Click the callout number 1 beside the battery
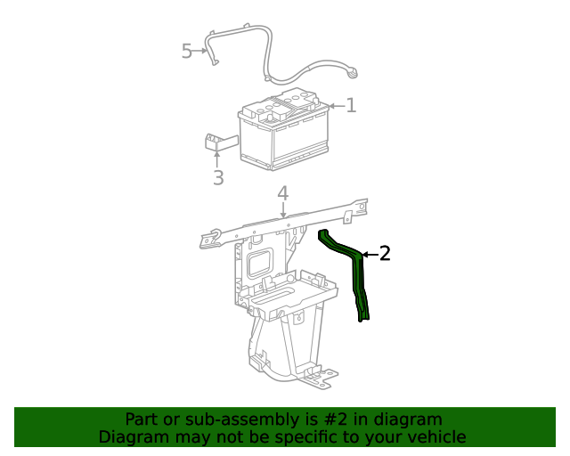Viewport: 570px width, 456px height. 351,106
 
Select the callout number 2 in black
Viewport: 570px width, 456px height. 385,254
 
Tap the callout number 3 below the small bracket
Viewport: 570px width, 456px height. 218,177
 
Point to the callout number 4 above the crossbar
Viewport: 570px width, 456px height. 282,193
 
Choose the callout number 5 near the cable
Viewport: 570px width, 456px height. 187,51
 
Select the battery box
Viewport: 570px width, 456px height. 283,134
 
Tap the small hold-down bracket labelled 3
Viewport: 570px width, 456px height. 217,142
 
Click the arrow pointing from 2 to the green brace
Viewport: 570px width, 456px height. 369,255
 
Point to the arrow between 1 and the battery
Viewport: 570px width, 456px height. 336,106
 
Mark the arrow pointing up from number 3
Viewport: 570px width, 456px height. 217,159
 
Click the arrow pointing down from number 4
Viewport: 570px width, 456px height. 283,210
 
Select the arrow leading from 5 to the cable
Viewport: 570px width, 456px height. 203,52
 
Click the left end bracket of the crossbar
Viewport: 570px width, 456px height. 210,239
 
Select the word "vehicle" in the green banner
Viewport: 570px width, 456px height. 436,436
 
